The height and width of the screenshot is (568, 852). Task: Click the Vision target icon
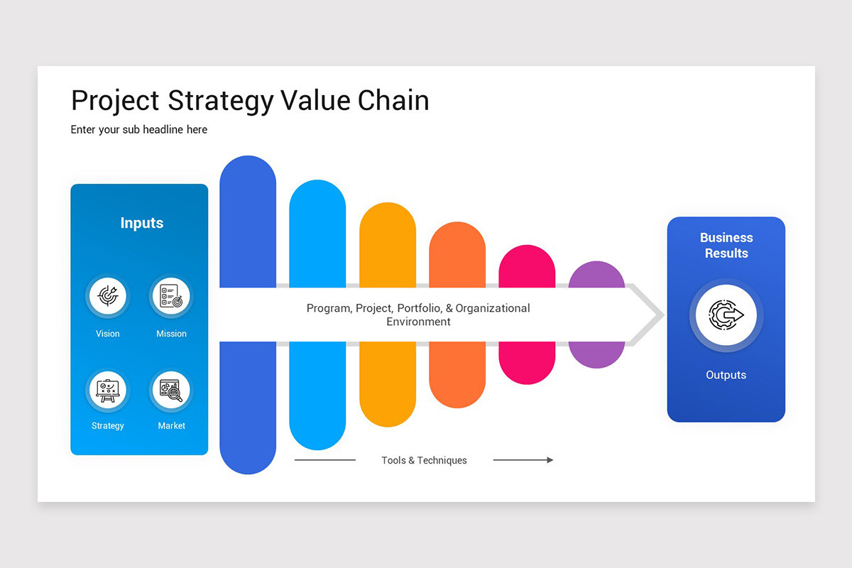tap(107, 296)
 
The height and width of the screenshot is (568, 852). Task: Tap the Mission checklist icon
tap(171, 296)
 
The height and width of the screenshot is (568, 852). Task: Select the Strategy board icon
tap(107, 390)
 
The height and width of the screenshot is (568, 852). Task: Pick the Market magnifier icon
tap(171, 390)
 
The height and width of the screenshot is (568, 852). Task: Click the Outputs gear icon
tap(726, 315)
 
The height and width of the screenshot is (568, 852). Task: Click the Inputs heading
tap(142, 223)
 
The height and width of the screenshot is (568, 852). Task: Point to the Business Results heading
tap(726, 245)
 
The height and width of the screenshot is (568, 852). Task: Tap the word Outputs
tap(726, 375)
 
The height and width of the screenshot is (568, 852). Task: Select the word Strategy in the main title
tap(220, 101)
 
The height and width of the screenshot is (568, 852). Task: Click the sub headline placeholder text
tap(139, 129)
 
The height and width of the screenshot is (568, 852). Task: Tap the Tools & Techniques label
tap(424, 460)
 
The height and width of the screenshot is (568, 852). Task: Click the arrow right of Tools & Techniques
tap(523, 460)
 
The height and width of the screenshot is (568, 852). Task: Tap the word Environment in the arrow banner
tap(418, 322)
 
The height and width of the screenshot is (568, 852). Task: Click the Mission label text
tap(171, 334)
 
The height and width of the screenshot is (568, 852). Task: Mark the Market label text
tap(171, 426)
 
